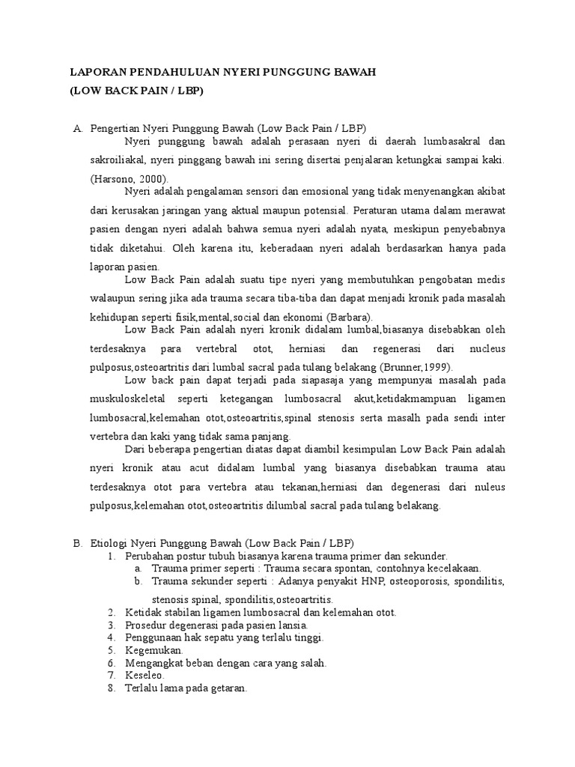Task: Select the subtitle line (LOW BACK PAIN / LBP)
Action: (136, 91)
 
